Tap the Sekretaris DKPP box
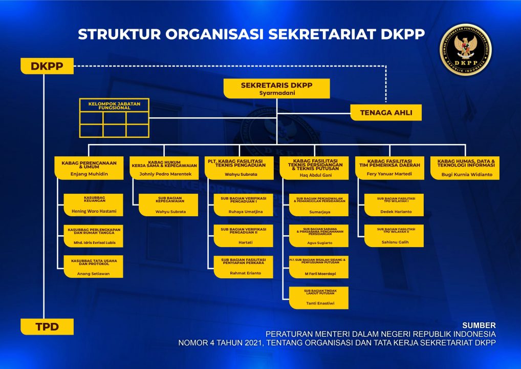(276, 88)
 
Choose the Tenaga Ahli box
(386, 112)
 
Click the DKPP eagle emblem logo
(466, 50)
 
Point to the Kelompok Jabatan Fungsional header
(114, 105)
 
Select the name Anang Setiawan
(93, 274)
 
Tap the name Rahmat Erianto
(244, 273)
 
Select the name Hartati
(244, 242)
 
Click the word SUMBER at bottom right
(479, 325)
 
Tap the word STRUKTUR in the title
(118, 34)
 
